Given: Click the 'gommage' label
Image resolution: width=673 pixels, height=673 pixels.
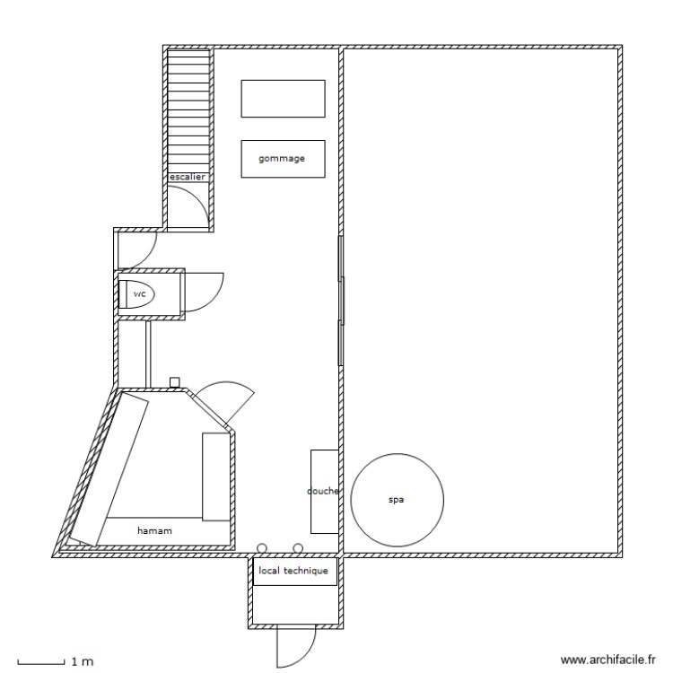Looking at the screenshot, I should click(282, 159).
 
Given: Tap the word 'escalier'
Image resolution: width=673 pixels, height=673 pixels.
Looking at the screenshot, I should click(188, 178).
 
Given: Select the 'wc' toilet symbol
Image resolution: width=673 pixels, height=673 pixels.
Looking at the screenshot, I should click(138, 293).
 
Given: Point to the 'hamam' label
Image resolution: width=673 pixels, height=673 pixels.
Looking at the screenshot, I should click(154, 531).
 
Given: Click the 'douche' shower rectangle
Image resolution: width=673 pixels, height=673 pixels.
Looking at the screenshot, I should click(323, 491).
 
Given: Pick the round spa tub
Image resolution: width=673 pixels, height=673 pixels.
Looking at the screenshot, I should click(397, 500).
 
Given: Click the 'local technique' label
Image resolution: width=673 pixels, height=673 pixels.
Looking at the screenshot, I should click(294, 571).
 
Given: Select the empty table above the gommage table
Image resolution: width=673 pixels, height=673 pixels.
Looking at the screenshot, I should click(282, 98).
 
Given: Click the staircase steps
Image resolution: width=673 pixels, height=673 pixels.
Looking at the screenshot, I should click(188, 108).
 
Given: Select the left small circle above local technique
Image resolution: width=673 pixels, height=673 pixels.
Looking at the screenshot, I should click(262, 547).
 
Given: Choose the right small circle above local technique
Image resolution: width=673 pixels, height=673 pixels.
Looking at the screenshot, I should click(298, 547).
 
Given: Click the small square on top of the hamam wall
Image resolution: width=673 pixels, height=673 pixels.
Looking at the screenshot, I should click(175, 381).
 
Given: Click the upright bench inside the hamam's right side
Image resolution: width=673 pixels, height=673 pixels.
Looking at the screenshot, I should click(215, 476).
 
